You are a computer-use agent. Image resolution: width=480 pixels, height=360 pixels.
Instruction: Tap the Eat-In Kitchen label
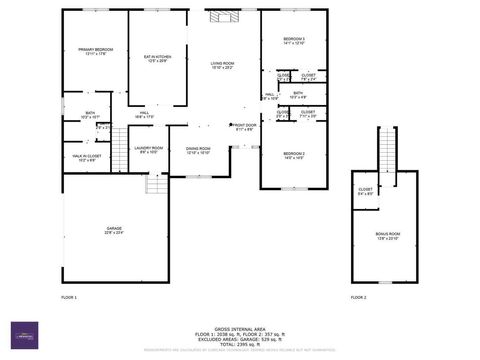click(x=157, y=59)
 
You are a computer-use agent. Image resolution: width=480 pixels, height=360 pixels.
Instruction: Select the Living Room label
click(x=222, y=66)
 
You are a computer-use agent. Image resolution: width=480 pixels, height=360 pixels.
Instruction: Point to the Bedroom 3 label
click(x=294, y=41)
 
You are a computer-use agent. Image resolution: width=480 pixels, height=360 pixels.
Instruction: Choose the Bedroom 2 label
click(x=293, y=155)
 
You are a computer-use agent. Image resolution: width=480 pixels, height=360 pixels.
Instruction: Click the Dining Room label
click(x=198, y=151)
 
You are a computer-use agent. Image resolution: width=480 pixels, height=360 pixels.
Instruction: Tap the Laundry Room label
click(x=149, y=150)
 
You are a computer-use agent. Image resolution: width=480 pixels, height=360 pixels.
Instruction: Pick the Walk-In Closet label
click(x=86, y=158)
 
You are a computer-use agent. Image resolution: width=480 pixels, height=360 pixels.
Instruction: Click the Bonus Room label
click(x=387, y=236)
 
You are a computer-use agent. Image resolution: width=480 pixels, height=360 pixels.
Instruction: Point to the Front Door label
click(x=244, y=127)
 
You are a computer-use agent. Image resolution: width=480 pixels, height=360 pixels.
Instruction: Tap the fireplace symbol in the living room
click(x=220, y=16)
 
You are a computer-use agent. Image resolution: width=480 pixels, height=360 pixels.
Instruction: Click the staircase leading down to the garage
click(x=156, y=184)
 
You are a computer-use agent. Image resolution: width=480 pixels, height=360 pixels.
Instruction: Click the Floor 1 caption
click(x=69, y=298)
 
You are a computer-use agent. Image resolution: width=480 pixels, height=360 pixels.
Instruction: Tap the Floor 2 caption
click(x=358, y=298)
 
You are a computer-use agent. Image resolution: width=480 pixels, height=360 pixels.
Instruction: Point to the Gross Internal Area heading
click(x=240, y=327)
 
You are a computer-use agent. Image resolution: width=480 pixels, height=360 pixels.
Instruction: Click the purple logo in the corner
click(x=20, y=338)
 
